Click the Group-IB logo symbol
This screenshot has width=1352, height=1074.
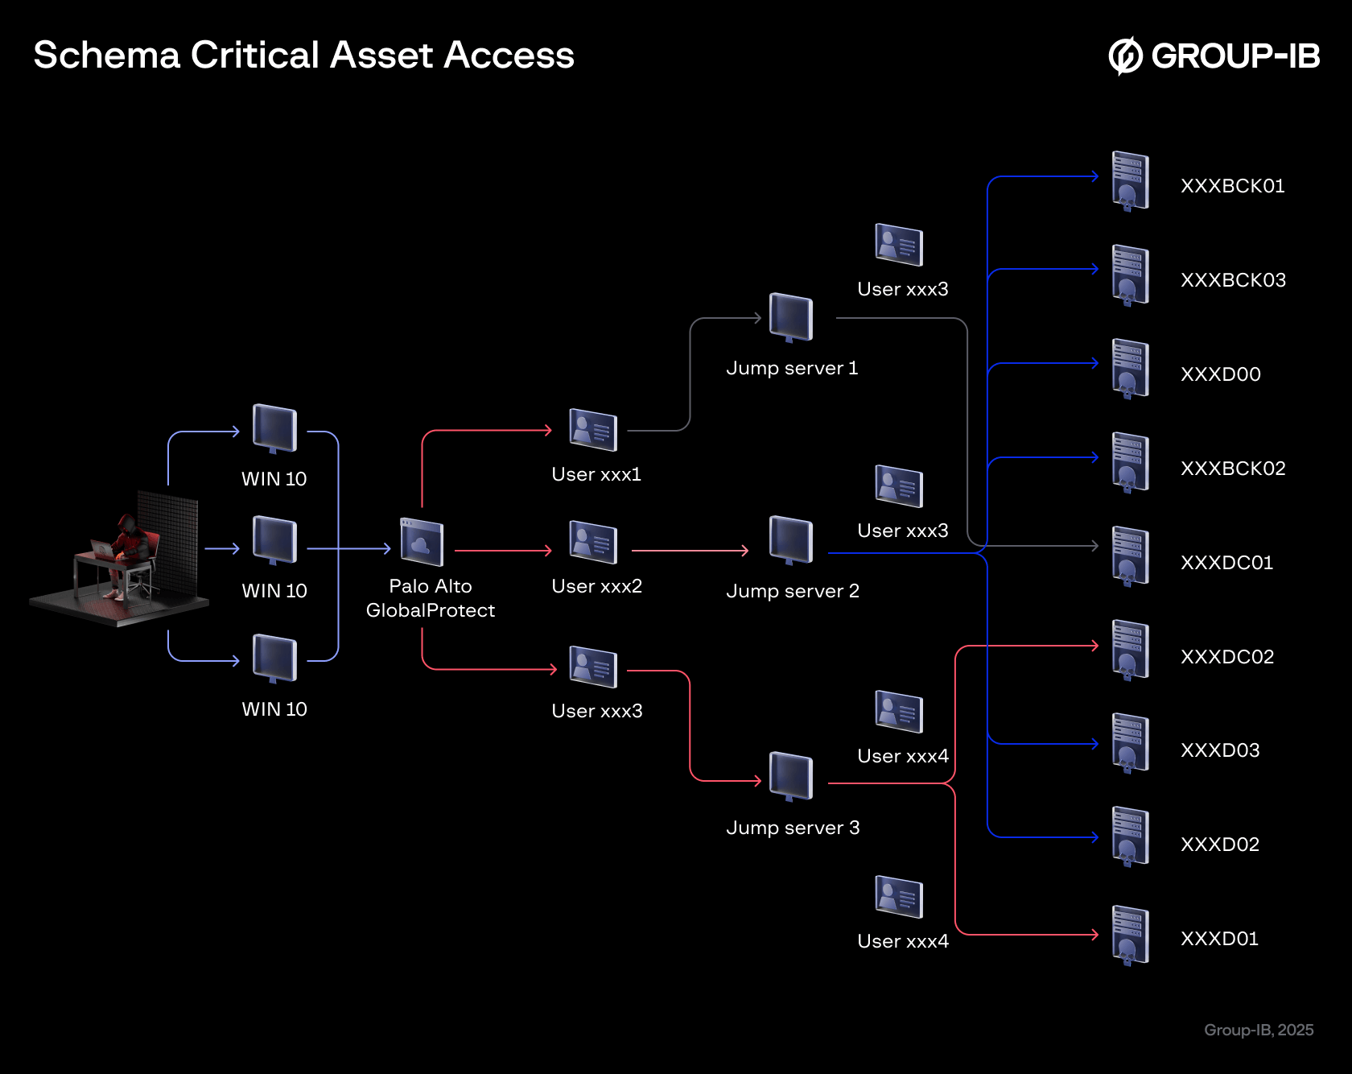[1125, 56]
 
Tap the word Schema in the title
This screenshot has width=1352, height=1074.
[106, 56]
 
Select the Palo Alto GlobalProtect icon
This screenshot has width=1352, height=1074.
[422, 542]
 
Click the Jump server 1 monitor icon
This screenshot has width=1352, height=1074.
[791, 317]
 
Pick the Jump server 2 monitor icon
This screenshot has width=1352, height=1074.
[791, 539]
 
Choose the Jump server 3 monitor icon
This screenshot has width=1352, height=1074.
[791, 776]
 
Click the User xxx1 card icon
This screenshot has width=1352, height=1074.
[593, 429]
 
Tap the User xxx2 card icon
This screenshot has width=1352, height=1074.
[593, 542]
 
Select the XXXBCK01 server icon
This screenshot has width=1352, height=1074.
[1130, 180]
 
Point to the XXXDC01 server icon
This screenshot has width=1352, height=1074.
[1130, 556]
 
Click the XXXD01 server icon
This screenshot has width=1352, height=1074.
[1130, 935]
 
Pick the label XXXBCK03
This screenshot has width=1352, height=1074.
[1233, 280]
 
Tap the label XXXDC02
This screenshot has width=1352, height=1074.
[1227, 657]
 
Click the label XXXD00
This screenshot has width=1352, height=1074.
[1220, 374]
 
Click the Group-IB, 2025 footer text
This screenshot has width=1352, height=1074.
[1259, 1030]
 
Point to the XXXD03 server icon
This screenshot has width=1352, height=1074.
[1130, 743]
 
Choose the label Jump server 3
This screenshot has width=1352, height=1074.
[793, 828]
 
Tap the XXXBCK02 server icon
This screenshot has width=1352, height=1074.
[1130, 462]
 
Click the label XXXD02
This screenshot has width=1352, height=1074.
[1219, 845]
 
